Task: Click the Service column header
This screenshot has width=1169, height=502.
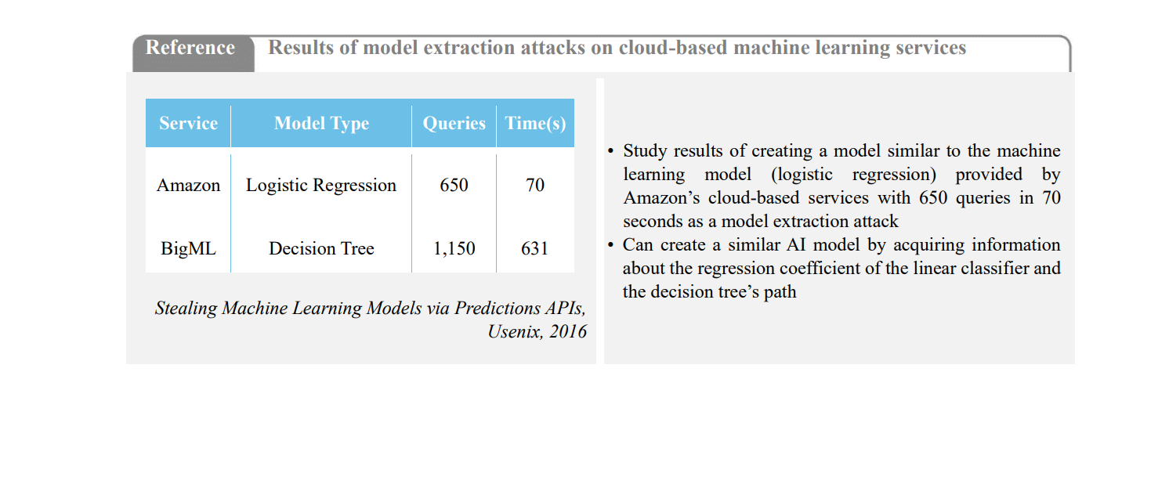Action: pyautogui.click(x=188, y=123)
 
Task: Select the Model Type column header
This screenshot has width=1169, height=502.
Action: pyautogui.click(x=321, y=123)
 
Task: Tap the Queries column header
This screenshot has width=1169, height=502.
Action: pyautogui.click(x=454, y=123)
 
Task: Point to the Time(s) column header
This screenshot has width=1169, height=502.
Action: pyautogui.click(x=535, y=123)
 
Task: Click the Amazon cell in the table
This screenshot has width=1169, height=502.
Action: pyautogui.click(x=188, y=186)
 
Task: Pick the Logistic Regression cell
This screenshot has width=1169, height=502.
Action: pyautogui.click(x=321, y=186)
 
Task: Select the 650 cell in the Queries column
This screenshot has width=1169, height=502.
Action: pyautogui.click(x=454, y=185)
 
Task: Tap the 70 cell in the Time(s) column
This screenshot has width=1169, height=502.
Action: pyautogui.click(x=535, y=185)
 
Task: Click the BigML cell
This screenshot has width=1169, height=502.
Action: pyautogui.click(x=188, y=248)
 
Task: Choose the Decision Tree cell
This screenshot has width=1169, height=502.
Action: pyautogui.click(x=321, y=248)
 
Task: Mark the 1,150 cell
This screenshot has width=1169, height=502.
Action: pyautogui.click(x=454, y=248)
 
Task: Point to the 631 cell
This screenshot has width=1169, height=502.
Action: pyautogui.click(x=535, y=248)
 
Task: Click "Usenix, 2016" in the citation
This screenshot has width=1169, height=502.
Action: pyautogui.click(x=537, y=331)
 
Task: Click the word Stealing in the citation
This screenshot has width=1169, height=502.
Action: pyautogui.click(x=186, y=309)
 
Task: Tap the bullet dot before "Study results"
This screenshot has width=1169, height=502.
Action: pyautogui.click(x=610, y=151)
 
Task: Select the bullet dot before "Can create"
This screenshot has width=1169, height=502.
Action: pyautogui.click(x=610, y=245)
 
